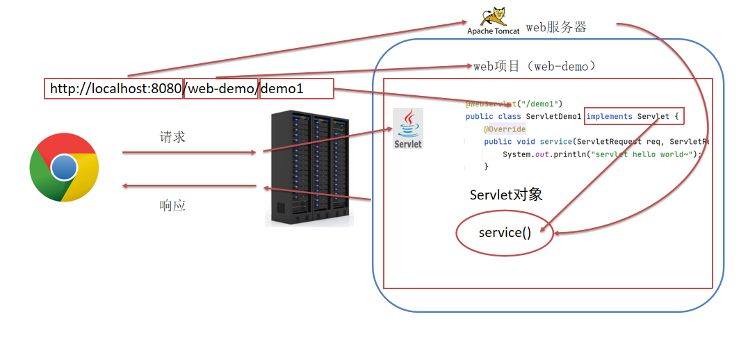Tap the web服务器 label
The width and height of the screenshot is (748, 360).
pos(555,27)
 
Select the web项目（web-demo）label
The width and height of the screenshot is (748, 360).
pos(535,66)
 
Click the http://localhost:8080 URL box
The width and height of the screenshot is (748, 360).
pos(114,89)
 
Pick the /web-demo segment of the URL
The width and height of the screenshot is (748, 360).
pos(221,89)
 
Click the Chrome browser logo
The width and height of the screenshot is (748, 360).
pos(64,167)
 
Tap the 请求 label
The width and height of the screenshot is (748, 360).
pos(172,137)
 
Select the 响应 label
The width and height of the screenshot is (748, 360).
pos(172,205)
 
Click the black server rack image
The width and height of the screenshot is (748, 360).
pos(309,167)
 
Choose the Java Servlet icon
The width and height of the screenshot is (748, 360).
pos(407,128)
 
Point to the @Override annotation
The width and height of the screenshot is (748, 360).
pos(505,129)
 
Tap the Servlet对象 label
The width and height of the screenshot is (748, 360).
pos(506,195)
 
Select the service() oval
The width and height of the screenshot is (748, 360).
pos(505,233)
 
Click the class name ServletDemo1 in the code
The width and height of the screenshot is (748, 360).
pos(553,116)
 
